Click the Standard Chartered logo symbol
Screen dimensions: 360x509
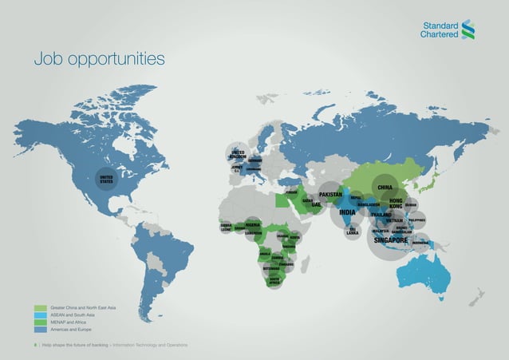pos(468,29)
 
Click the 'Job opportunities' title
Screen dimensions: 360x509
pos(99,59)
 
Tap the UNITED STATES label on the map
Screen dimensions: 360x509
pos(106,178)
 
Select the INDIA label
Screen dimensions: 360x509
pos(347,212)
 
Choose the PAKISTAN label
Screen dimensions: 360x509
pos(330,194)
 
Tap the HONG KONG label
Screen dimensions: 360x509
pos(399,204)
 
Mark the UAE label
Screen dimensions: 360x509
pos(316,204)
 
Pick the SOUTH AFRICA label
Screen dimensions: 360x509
pos(274,280)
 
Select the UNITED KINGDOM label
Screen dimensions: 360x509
pos(239,154)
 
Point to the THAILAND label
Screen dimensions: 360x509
pos(381,215)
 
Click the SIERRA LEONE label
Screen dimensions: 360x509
pos(226,227)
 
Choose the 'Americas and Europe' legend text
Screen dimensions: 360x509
pos(72,329)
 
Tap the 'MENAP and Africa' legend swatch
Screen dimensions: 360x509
pos(41,322)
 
